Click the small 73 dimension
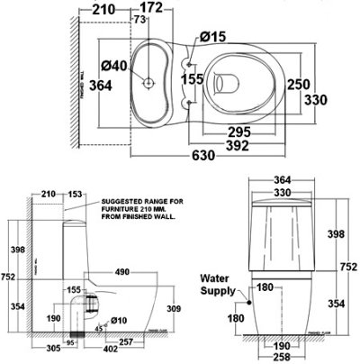(140, 20)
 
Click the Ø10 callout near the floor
(118, 319)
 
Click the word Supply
(219, 291)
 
